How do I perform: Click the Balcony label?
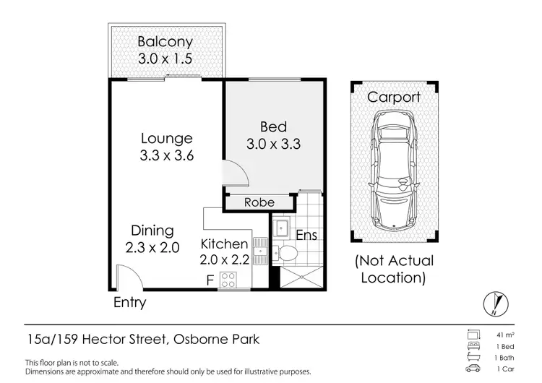click(x=165, y=42)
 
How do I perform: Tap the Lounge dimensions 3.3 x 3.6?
click(x=166, y=155)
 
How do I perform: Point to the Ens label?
click(x=306, y=236)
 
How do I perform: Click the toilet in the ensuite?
click(x=288, y=253)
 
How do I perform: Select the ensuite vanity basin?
click(x=281, y=228)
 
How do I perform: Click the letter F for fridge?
click(x=210, y=279)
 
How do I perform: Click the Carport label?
click(x=394, y=97)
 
